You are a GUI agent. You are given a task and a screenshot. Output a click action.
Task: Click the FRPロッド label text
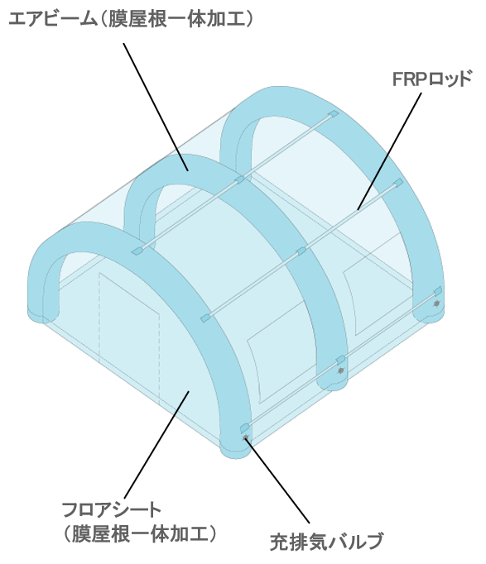(432, 79)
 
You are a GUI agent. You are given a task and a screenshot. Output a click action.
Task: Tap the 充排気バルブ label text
(326, 542)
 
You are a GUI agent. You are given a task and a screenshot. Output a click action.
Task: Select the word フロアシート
(112, 509)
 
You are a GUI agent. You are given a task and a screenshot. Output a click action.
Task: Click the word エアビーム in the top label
(52, 19)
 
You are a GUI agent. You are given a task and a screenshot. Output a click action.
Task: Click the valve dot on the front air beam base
(246, 437)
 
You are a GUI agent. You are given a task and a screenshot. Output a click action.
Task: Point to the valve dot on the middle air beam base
(340, 370)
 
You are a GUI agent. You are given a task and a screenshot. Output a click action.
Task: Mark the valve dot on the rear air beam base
(436, 304)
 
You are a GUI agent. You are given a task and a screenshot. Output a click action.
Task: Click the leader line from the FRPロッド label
(389, 151)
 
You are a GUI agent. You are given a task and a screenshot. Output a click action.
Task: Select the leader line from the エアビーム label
(156, 107)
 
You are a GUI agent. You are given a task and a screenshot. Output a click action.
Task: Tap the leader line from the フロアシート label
(157, 445)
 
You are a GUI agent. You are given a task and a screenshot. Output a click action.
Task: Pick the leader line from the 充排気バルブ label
(277, 480)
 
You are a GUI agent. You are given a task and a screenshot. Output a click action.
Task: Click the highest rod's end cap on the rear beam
(334, 114)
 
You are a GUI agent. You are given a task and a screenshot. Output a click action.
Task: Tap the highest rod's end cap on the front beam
(137, 251)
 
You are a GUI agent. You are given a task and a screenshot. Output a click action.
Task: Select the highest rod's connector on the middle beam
(239, 179)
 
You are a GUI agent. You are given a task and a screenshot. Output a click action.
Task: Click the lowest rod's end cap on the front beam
(245, 427)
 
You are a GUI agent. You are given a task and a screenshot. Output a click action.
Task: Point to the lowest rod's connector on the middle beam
(340, 359)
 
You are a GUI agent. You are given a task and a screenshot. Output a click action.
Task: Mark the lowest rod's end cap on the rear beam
(437, 290)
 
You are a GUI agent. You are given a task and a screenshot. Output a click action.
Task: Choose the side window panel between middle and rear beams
(374, 288)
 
